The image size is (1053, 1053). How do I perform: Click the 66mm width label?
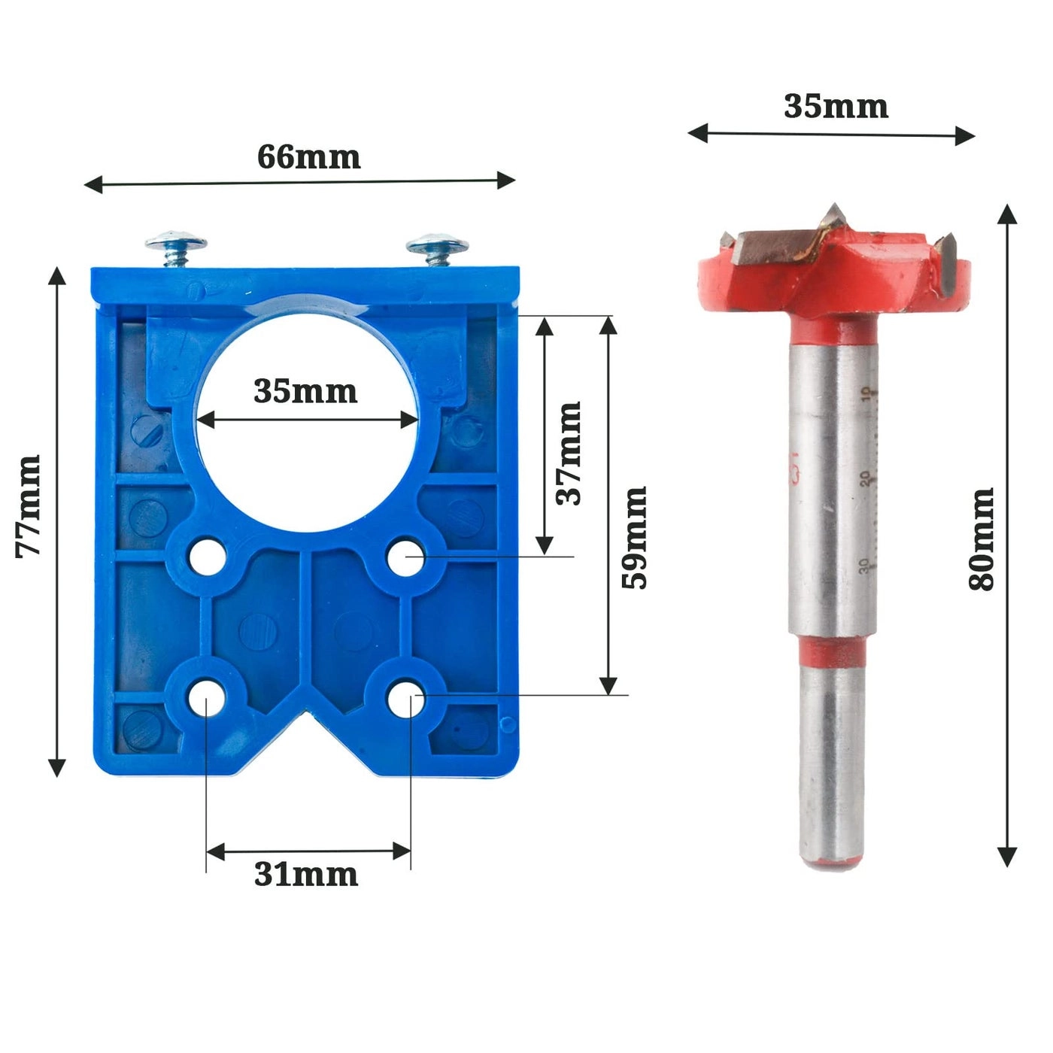(x=308, y=156)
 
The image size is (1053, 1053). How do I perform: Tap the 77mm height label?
(x=29, y=505)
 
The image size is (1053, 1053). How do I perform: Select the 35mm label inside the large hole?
(x=305, y=391)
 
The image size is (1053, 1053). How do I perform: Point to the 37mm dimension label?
(x=569, y=453)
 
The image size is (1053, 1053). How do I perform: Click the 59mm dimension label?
(x=634, y=537)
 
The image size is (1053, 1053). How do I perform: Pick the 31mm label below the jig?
(x=305, y=875)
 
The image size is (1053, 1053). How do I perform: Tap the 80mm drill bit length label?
(x=982, y=539)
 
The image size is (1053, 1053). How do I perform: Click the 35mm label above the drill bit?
(x=836, y=106)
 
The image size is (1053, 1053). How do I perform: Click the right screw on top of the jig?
(x=438, y=247)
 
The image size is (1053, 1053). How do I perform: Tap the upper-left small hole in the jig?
(x=205, y=557)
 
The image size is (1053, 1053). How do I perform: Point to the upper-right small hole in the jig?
(x=406, y=557)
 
